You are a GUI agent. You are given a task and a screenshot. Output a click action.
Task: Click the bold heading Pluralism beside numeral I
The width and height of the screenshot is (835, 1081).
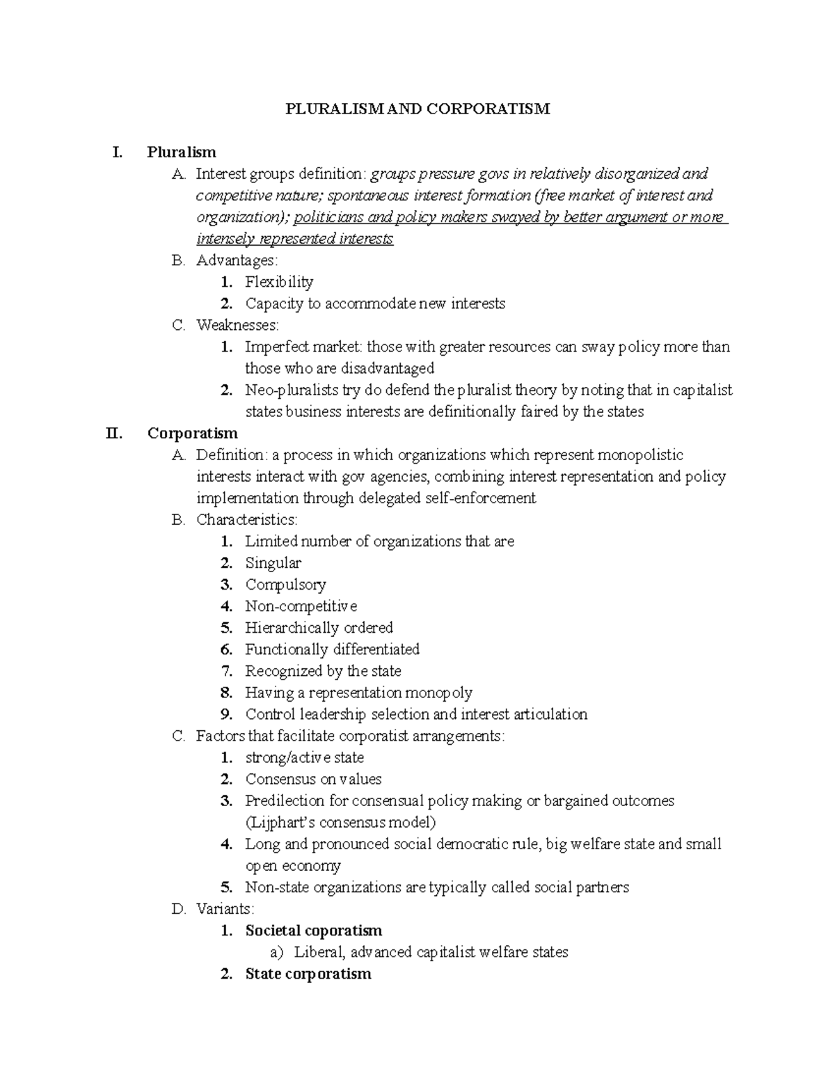[182, 152]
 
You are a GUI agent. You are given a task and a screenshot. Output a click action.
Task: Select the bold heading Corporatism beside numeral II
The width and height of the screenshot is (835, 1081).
[192, 433]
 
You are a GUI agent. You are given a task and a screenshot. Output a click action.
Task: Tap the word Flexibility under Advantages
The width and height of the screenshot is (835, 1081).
[279, 282]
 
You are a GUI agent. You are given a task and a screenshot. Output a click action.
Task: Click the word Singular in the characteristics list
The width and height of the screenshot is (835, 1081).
[273, 563]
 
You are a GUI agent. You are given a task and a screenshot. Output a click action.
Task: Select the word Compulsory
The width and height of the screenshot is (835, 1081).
[285, 585]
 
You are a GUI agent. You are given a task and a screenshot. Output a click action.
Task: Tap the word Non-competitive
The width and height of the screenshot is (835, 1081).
[301, 606]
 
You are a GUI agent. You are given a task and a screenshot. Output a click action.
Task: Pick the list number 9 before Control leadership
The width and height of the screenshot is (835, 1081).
[226, 714]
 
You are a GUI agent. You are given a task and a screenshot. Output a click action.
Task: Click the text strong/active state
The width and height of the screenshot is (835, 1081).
[304, 757]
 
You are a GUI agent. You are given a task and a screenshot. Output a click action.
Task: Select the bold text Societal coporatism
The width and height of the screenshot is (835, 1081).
[314, 931]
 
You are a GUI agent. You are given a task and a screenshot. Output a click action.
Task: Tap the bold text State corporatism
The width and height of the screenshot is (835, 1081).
[308, 974]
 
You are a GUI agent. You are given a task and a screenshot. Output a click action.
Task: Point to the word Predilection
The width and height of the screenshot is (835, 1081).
[285, 800]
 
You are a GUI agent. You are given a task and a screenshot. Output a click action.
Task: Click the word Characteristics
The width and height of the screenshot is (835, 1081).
[246, 520]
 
